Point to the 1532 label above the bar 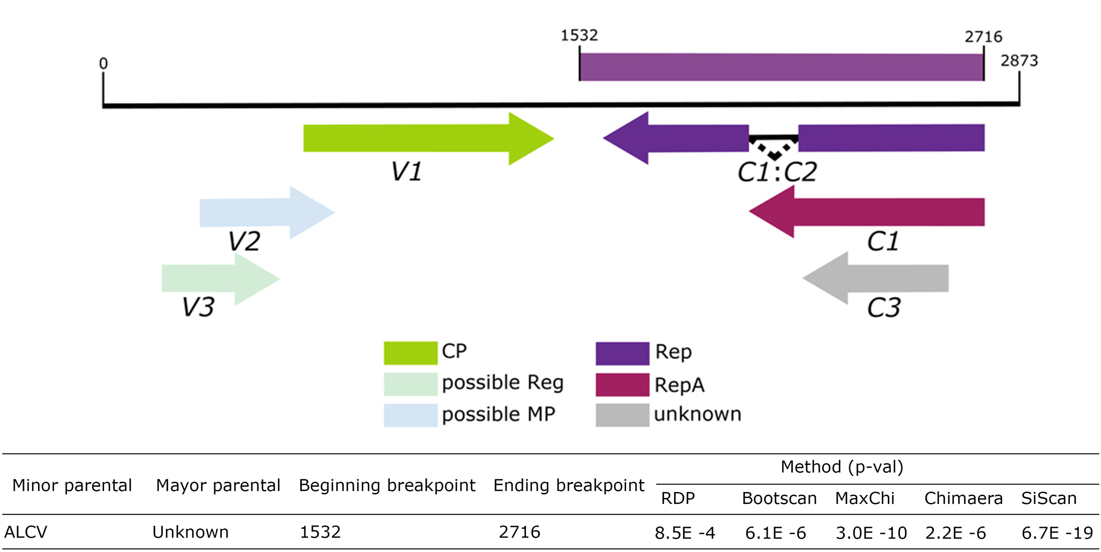point(579,36)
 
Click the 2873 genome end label point(1019,61)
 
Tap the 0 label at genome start point(103,64)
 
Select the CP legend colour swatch point(410,353)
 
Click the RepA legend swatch point(622,385)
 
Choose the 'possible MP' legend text point(498,414)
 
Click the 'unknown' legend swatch point(622,415)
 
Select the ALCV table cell point(26,531)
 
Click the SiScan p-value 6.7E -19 point(1057,533)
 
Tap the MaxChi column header point(864,498)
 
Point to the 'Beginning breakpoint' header point(387,485)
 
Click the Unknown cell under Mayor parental point(190,531)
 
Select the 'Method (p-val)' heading point(842,467)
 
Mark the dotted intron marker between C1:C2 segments point(774,149)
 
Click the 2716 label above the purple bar point(983,37)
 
